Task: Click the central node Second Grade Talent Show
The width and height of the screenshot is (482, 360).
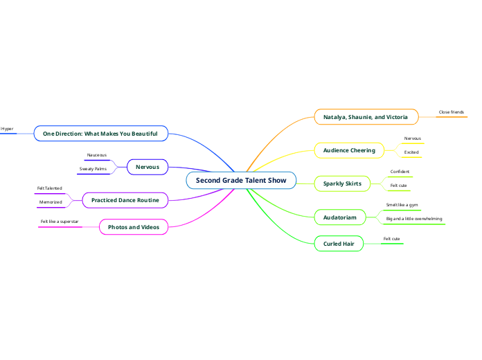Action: coord(241,181)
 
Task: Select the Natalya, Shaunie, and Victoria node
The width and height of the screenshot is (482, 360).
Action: coord(366,117)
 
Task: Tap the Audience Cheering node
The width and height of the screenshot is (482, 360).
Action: coord(349,150)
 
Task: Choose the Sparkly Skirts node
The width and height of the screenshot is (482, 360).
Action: coord(342,183)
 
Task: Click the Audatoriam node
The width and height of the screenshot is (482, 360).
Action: coord(339,217)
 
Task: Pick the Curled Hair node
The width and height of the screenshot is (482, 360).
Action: coord(339,244)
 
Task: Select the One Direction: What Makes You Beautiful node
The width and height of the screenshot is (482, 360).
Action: coord(100,133)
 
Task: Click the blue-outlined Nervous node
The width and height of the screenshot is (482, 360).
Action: coord(147,167)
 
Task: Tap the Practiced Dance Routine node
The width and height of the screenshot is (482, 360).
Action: coord(125,200)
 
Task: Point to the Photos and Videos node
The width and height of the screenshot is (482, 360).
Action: coord(134,227)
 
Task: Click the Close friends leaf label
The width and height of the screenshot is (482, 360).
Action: coord(452,111)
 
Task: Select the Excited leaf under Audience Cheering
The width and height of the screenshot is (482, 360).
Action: coord(411,152)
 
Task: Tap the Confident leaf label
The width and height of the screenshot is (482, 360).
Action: coord(400,172)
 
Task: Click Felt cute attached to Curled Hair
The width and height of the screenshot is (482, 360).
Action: coord(392,238)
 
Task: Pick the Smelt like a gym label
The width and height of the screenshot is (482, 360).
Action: coord(402,205)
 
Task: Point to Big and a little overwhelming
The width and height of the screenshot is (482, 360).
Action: coord(413,219)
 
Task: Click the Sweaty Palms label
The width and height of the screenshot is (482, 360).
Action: coord(93,168)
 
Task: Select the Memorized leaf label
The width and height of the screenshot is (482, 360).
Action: coord(51,202)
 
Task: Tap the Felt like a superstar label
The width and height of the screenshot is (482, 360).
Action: coord(60,222)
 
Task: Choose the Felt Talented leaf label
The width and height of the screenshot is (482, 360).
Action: coord(50,188)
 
